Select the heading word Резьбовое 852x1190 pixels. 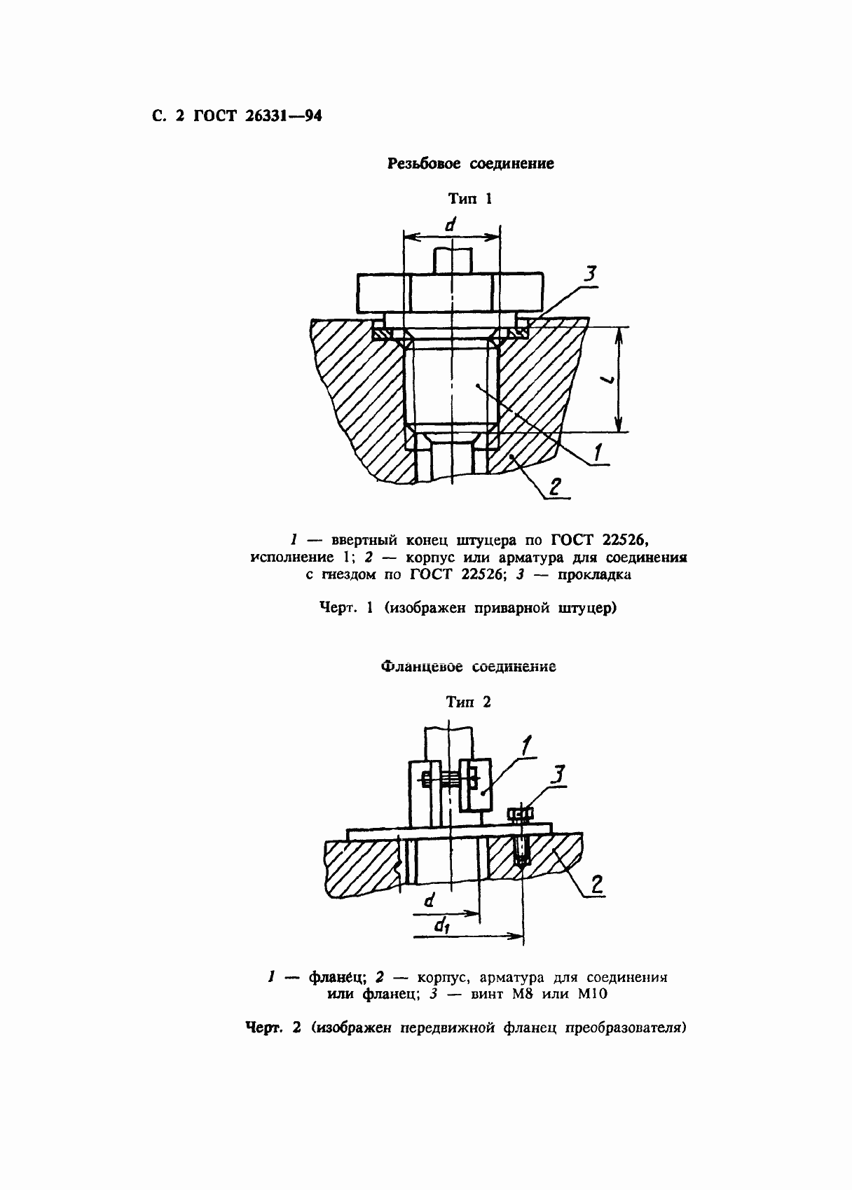[x=424, y=164]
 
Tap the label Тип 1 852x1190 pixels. [x=470, y=199]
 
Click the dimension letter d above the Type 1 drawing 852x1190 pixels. [x=451, y=225]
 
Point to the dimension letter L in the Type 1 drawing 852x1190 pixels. [x=609, y=380]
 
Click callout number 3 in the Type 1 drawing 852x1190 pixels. [x=589, y=275]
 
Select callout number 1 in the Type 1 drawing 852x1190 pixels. [x=598, y=452]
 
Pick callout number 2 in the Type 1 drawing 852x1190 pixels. [x=554, y=487]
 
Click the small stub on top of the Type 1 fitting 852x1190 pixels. [x=452, y=261]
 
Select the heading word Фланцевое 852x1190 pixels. [x=422, y=667]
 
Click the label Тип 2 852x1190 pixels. [x=469, y=703]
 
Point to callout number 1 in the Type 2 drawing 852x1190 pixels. [x=525, y=747]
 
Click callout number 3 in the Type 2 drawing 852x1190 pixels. [x=558, y=775]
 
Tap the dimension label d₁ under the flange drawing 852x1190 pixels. [x=441, y=926]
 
